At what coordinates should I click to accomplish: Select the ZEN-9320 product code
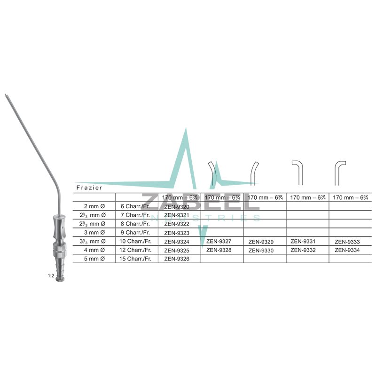177,206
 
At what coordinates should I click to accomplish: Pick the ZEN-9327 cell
220,241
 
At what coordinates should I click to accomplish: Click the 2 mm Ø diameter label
94,206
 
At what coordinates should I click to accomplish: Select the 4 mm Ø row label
94,250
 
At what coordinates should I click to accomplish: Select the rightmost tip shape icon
341,172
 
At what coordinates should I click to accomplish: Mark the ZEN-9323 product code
177,233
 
